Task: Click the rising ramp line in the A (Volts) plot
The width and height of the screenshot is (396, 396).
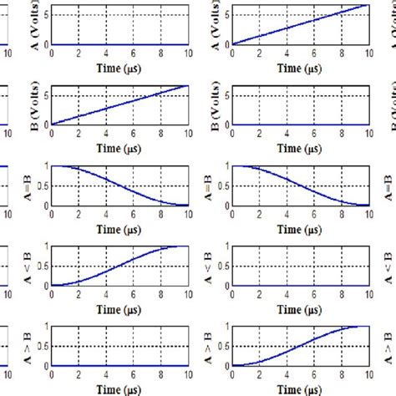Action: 301,24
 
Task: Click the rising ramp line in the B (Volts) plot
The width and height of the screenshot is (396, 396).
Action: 119,104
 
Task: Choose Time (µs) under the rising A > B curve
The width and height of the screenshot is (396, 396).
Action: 300,388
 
